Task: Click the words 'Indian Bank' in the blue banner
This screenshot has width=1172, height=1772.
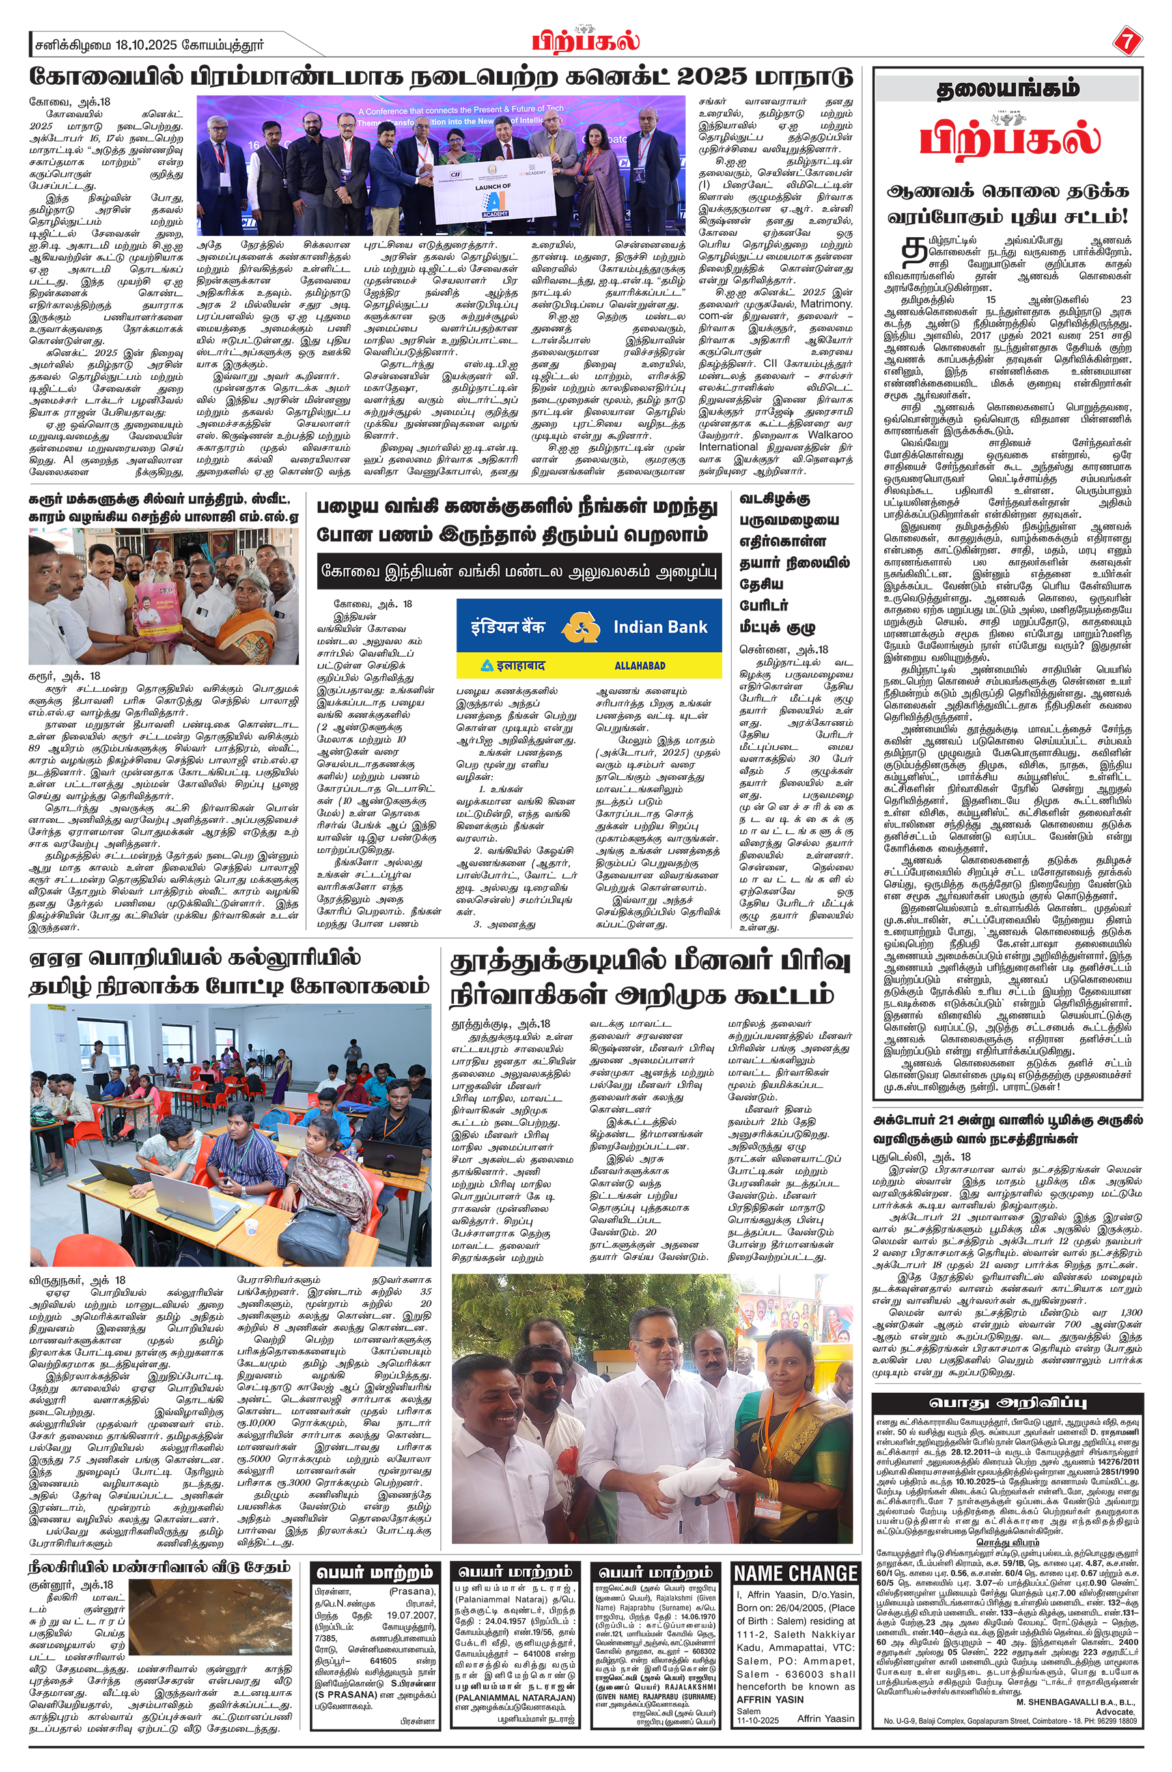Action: coord(660,627)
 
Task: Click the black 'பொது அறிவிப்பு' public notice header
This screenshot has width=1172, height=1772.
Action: coord(1007,1402)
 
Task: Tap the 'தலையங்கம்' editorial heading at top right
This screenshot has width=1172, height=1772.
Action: coord(1007,90)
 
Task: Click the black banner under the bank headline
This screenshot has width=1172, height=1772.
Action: coord(518,572)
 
